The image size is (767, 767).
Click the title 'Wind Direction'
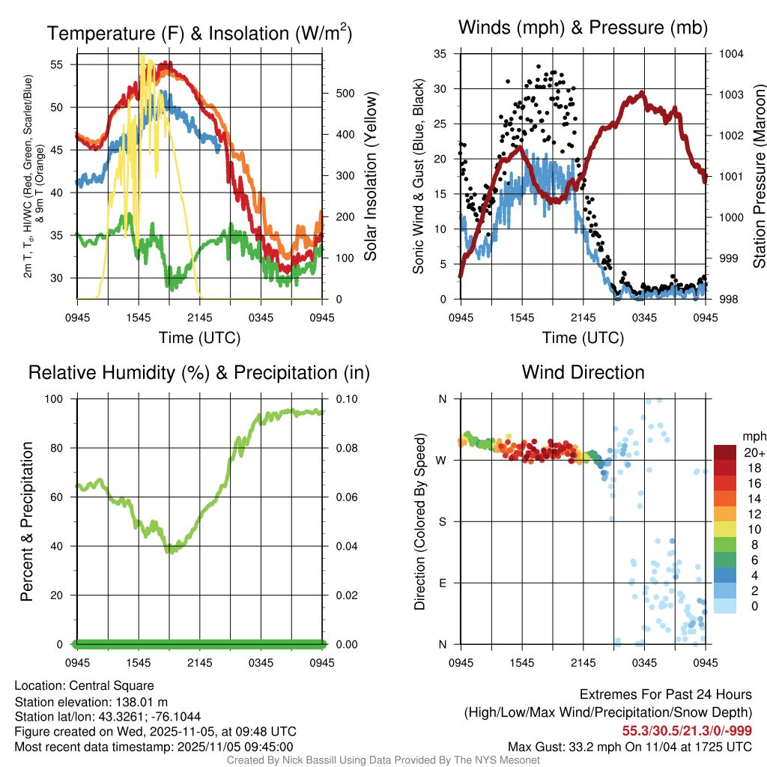pos(583,372)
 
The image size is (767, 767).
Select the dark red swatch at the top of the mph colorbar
pos(725,452)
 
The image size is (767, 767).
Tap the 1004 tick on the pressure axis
pos(730,54)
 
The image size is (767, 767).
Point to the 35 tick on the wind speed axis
pos(440,54)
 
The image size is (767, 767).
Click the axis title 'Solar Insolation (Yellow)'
pos(370,177)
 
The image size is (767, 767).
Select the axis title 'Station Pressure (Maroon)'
pos(758,177)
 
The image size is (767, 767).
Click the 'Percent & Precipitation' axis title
pos(26,521)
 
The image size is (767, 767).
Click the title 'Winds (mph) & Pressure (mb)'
pos(583,28)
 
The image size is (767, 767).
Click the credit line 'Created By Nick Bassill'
pos(292,760)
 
